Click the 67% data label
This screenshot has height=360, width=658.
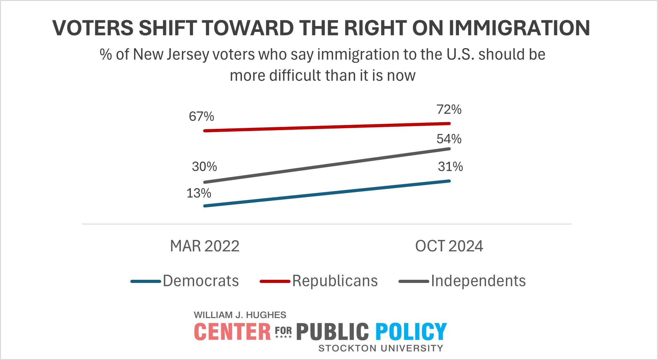tap(201, 117)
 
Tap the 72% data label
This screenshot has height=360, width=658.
tap(449, 110)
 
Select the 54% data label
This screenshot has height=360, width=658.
tap(449, 139)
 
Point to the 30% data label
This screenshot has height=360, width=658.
tap(204, 166)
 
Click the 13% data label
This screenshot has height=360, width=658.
tap(199, 193)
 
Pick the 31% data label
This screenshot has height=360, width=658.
tap(450, 166)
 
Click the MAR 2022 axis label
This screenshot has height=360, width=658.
tap(205, 246)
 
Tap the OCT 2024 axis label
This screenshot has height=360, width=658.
tap(449, 246)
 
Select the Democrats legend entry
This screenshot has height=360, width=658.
tap(201, 281)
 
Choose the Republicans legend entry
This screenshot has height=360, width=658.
tap(335, 281)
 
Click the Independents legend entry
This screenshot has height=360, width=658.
tap(478, 281)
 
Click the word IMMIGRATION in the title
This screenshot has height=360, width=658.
tap(519, 28)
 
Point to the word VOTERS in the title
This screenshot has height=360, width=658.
tap(93, 28)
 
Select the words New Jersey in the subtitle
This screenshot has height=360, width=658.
tap(171, 55)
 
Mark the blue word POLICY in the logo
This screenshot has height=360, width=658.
tap(411, 332)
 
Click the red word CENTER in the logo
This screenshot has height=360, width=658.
tap(232, 332)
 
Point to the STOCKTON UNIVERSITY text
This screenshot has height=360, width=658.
tap(381, 348)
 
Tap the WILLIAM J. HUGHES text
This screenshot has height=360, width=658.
tap(240, 315)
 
